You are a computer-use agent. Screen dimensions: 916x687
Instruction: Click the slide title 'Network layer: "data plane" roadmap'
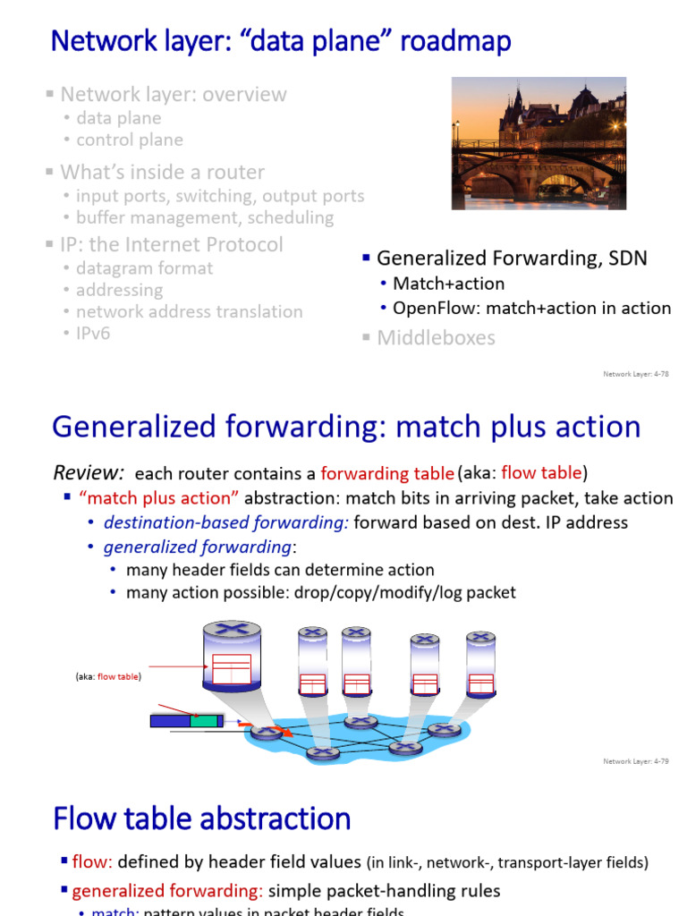281,40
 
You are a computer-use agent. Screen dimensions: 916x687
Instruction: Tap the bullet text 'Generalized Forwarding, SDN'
512,259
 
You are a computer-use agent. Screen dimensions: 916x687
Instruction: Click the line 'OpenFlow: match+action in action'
531,308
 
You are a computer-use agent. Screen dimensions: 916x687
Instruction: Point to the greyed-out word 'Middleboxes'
436,337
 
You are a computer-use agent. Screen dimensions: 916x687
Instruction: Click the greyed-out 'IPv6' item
93,334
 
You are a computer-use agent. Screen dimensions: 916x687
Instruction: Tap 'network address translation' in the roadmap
189,311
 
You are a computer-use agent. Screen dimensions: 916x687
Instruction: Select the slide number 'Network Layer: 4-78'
636,374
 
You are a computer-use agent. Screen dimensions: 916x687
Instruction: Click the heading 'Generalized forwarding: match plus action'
346,427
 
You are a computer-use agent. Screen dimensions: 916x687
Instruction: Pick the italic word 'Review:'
88,472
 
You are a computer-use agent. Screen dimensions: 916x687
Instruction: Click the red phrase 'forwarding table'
386,473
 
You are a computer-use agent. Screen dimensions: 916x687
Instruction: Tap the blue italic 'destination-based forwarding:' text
226,522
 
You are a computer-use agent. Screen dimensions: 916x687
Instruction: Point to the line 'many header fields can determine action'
280,570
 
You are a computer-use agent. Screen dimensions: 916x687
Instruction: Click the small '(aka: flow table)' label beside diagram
107,677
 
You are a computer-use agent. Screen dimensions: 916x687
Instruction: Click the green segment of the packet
206,719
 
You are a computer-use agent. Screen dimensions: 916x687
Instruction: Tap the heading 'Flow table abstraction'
201,818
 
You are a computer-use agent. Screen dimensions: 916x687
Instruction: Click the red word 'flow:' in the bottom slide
91,862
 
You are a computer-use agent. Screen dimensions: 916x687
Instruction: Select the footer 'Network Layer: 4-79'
636,761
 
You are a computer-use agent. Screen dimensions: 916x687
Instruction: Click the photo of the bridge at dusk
538,143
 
